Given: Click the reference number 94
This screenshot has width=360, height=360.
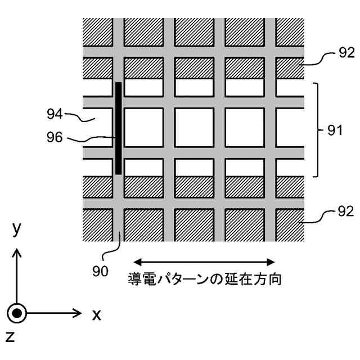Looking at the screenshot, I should coord(55,115).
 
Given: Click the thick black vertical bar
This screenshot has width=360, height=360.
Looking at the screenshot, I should coord(118,128).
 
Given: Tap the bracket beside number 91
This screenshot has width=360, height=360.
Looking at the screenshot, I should coord(318,130).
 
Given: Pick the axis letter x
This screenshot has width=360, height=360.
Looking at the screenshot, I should coord(96,314).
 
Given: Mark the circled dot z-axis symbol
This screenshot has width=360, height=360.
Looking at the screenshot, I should coord(18,313).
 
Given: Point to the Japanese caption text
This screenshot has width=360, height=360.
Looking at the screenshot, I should coord(204,279).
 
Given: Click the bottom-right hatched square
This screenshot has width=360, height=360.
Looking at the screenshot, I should coord(290,224).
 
